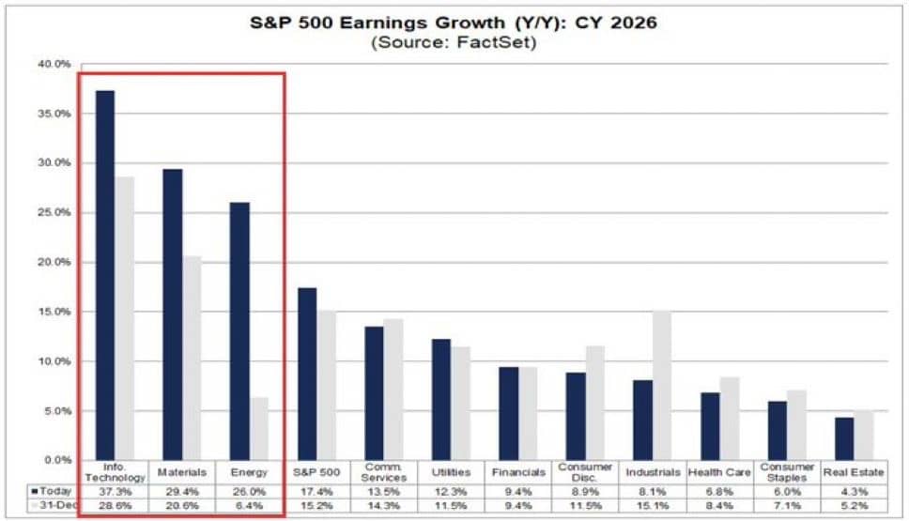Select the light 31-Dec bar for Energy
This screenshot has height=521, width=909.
[259, 429]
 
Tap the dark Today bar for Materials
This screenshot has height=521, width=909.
[173, 314]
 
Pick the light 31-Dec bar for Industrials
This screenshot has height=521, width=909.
[662, 386]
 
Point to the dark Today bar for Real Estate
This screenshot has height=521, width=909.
[844, 439]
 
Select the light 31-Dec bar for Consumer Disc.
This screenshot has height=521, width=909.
[595, 404]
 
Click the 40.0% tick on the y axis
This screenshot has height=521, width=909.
[54, 64]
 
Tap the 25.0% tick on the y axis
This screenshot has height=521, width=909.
[54, 212]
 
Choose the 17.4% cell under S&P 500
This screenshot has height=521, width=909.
[316, 490]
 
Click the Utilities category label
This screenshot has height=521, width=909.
[451, 472]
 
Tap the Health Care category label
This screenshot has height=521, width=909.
[718, 472]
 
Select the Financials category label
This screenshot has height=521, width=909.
[517, 472]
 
